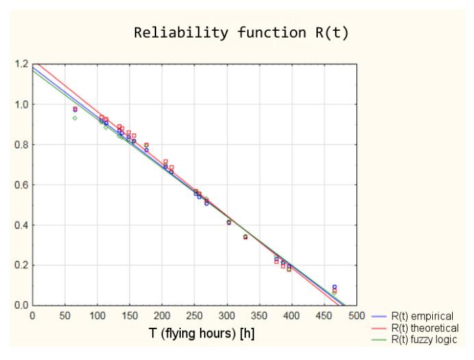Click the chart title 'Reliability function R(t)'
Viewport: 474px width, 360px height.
click(241, 33)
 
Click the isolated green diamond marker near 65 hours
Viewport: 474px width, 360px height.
click(75, 118)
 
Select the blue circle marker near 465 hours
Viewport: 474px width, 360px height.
click(334, 287)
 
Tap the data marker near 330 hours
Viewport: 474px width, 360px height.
click(245, 237)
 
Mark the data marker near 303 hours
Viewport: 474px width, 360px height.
click(229, 222)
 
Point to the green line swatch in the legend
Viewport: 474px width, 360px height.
click(379, 339)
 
